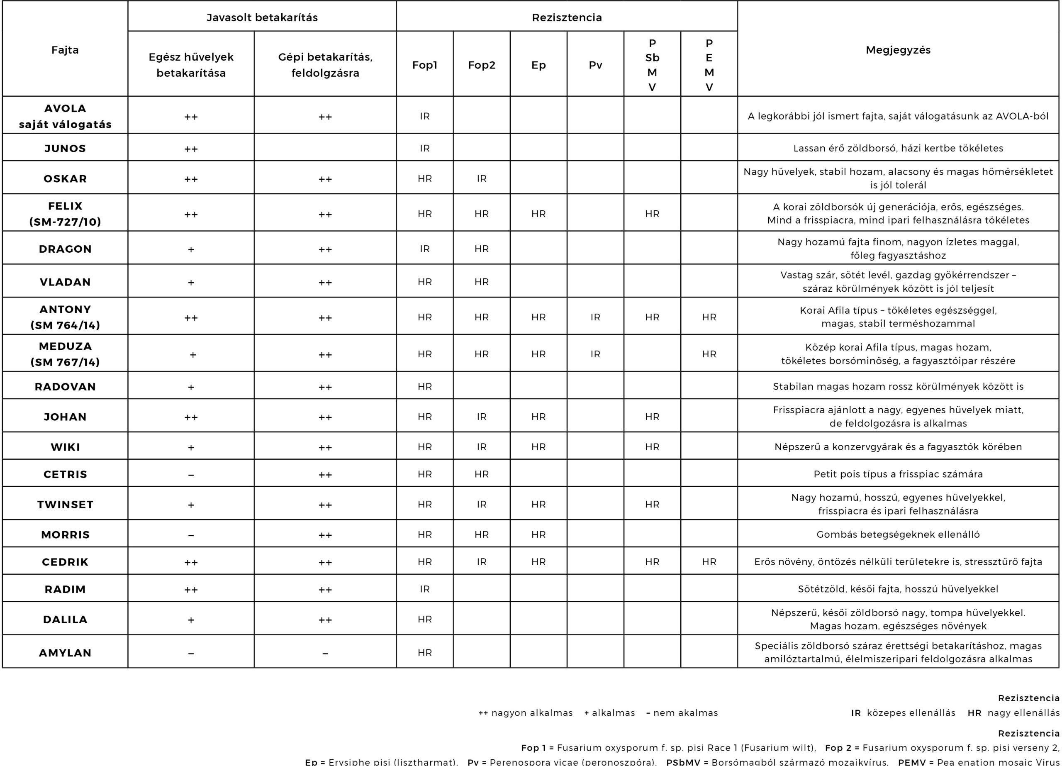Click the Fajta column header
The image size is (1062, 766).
65,50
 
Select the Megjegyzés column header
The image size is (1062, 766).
898,50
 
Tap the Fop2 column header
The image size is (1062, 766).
481,65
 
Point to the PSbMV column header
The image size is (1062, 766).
652,65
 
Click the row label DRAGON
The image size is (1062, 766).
65,249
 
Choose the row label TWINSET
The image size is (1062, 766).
65,505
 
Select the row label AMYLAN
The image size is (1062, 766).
65,653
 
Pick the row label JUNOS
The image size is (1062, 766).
65,149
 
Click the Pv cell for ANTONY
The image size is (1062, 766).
595,317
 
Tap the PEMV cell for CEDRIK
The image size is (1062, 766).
709,562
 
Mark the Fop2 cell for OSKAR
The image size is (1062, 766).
481,178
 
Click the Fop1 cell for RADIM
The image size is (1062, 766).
425,589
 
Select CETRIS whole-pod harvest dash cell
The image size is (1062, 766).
191,475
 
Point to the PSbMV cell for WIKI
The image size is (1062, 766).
652,447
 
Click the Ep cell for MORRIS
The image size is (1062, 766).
538,534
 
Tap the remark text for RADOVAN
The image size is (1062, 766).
898,386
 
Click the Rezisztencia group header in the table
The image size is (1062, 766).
567,17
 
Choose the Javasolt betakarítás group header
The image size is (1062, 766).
262,17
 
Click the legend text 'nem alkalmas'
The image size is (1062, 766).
685,712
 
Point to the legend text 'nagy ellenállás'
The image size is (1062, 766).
1023,712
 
